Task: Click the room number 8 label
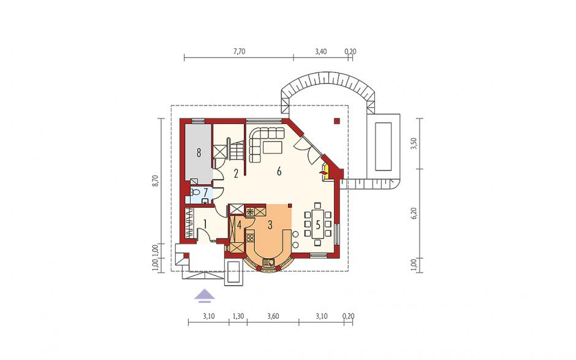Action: pos(199,152)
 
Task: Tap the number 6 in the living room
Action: pos(279,171)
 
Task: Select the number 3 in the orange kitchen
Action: pos(270,224)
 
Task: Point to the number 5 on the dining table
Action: pos(318,224)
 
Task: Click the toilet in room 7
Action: pos(195,192)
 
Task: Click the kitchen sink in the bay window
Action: pos(269,262)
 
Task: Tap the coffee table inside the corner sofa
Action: pos(272,147)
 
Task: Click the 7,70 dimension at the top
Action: pos(239,52)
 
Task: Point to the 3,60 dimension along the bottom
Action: pos(273,316)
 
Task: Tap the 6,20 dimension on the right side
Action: pos(415,213)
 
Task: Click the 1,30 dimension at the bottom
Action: pos(238,316)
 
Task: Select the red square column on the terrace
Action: pos(337,120)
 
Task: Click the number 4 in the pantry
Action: pos(239,224)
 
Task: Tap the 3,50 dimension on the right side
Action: pos(415,144)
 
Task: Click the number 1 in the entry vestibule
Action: pos(205,223)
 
